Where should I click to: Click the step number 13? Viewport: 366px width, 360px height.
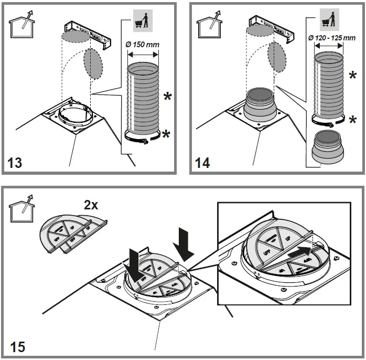pos(16,163)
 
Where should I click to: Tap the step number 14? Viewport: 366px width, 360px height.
pos(202,163)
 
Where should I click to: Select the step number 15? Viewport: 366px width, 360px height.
pos(17,346)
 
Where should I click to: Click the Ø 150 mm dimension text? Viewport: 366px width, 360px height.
pos(142,45)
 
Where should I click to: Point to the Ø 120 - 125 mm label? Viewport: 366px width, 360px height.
pos(331,38)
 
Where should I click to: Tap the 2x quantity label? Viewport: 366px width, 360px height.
pos(91,205)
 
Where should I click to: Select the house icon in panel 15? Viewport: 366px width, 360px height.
pos(21,211)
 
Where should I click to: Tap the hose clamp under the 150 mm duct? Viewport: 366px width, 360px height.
pos(143,139)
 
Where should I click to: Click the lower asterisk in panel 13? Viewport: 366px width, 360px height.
pos(167,135)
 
